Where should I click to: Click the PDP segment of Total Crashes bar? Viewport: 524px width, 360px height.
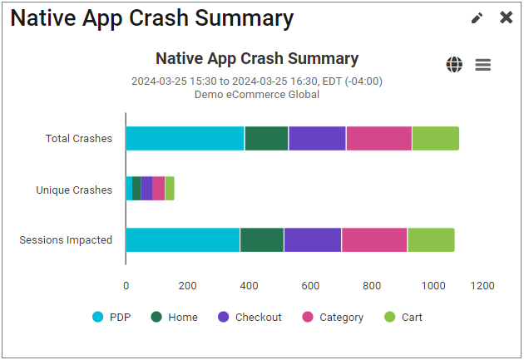pos(185,139)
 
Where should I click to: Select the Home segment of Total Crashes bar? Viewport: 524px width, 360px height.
pos(266,139)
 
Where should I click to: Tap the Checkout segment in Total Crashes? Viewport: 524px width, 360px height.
pos(317,139)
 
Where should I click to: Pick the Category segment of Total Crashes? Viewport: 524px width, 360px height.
pos(378,139)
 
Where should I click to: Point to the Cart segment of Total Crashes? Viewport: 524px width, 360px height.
pos(435,139)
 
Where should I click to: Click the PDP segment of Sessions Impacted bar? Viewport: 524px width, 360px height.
pos(182,239)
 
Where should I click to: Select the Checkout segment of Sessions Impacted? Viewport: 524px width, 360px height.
pos(312,239)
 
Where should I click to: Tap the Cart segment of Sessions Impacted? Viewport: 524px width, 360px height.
pos(431,239)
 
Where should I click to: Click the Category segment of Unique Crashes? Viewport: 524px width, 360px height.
pos(158,189)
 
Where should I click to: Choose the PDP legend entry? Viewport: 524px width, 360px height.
pos(112,317)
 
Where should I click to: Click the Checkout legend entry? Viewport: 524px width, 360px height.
pos(250,317)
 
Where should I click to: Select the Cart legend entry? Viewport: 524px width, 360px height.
pos(403,317)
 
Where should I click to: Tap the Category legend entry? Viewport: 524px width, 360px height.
pos(333,317)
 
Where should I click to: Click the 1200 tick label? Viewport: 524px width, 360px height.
pos(482,285)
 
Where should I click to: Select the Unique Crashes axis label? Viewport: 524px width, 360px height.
pos(74,190)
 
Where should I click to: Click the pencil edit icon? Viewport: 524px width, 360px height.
pos(477,18)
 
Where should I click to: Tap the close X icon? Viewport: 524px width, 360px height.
pos(506,17)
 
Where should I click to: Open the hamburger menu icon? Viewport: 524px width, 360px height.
pos(483,65)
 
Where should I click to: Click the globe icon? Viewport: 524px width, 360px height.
pos(454,65)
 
